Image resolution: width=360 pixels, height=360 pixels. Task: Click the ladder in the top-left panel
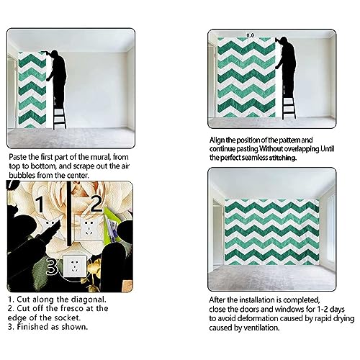click(59, 119)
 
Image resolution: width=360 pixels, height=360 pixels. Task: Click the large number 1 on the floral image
click(40, 204)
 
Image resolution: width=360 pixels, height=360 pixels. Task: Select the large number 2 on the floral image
click(96, 204)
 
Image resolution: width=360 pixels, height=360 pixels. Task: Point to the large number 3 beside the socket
click(52, 266)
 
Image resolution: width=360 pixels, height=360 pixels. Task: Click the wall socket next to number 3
click(74, 266)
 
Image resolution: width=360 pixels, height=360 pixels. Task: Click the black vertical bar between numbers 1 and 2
click(69, 214)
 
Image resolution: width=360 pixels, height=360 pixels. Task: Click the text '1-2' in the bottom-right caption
click(324, 310)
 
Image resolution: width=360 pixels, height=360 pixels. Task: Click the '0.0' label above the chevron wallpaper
click(250, 35)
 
